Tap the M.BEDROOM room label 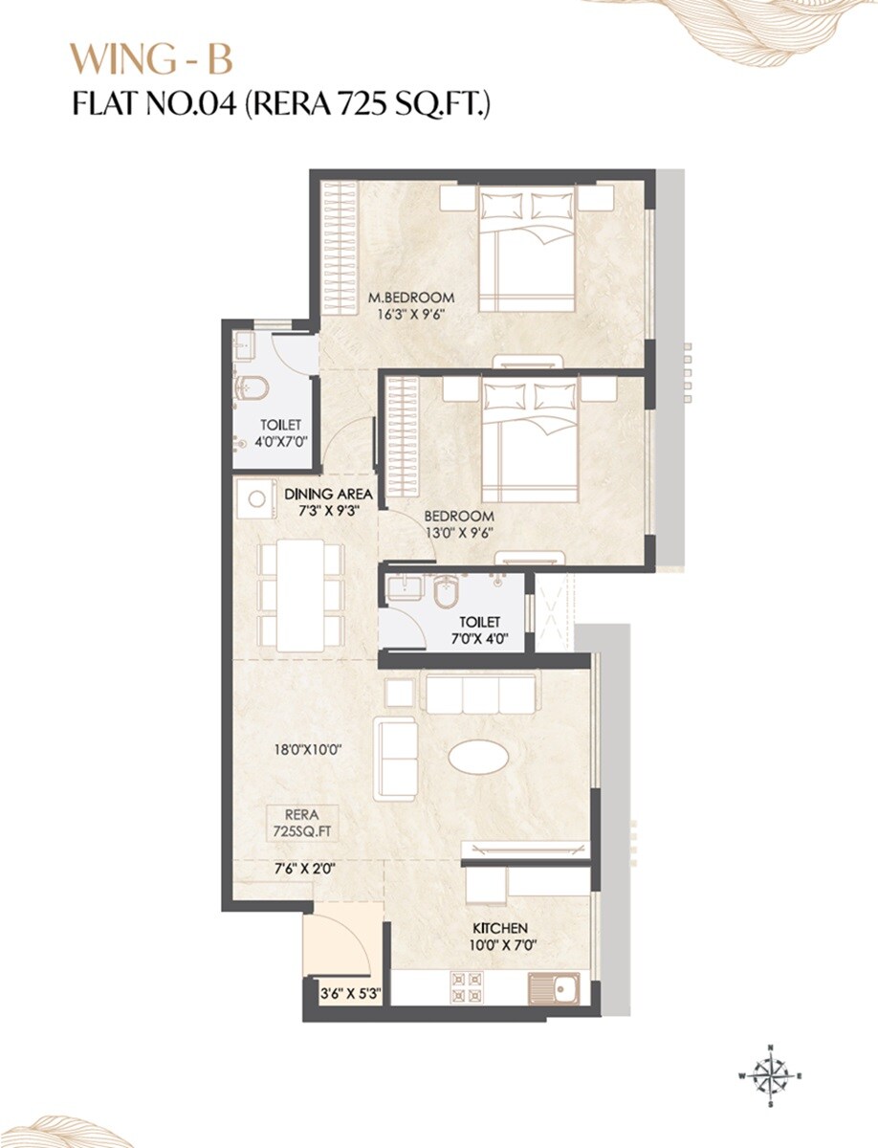[411, 297]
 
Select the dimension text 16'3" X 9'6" [411, 313]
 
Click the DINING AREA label [328, 494]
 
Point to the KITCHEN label [500, 928]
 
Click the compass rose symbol [770, 1075]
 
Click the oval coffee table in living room [478, 757]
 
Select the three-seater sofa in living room [478, 694]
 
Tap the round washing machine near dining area [256, 498]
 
